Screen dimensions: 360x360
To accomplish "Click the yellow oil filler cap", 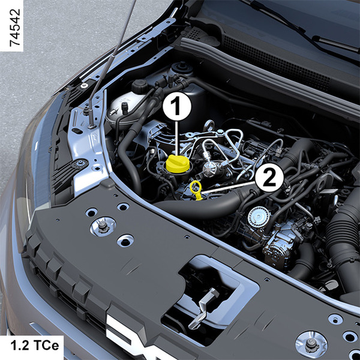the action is pos(178,164).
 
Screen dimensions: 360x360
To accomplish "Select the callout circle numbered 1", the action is pos(177,106).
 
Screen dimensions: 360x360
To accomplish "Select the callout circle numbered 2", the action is pos(269,178).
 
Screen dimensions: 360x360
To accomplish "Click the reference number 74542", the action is pos(15,28).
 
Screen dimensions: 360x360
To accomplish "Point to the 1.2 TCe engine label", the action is pos(35,346).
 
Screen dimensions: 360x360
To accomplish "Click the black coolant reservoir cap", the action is pos(140,86).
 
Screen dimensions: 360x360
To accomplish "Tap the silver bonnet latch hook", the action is pos(203,308).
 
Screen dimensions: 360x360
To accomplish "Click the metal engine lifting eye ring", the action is pos(209,126).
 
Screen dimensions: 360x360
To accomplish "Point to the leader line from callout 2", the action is pos(228,187).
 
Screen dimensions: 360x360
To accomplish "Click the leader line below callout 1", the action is pos(177,138).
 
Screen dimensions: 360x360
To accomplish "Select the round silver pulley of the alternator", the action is pos(259,216).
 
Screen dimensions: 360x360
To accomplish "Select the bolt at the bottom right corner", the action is pos(311,344).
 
